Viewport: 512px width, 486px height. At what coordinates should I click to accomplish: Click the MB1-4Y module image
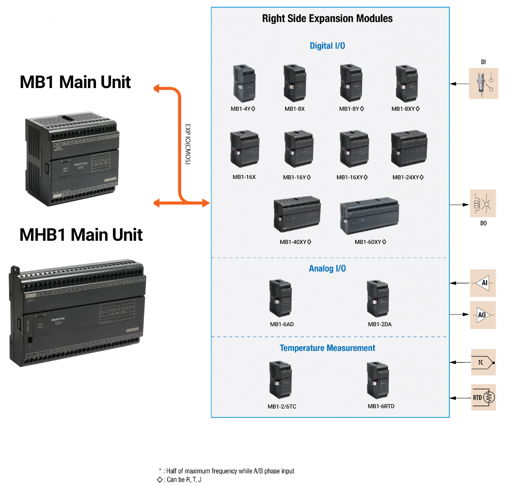pos(244,83)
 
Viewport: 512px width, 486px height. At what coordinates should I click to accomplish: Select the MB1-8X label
pos(294,109)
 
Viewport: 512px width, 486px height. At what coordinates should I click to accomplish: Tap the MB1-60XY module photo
pos(369,216)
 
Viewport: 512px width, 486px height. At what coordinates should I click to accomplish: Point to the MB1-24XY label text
pos(408,177)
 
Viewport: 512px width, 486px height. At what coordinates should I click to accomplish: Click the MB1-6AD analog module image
pos(280,298)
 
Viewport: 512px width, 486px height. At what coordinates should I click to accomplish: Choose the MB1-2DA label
pos(380,324)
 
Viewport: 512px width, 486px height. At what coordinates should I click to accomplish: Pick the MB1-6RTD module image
pos(378,380)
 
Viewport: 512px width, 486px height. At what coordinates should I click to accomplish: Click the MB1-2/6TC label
pos(282,407)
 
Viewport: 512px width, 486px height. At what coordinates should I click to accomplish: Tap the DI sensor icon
pos(483,83)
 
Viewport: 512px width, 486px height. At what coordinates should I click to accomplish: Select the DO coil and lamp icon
pos(483,203)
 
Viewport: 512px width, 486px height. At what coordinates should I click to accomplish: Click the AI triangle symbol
pos(483,283)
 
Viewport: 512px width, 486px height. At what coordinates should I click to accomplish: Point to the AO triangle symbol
pos(483,315)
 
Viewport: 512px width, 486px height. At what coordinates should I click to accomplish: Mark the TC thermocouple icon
pos(483,362)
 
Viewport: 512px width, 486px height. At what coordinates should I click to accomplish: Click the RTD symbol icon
pos(483,398)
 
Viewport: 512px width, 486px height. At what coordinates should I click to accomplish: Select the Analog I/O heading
pos(327,269)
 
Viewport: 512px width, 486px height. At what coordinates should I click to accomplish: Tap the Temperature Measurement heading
pos(327,348)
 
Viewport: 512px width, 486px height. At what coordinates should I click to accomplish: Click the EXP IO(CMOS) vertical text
pos(188,144)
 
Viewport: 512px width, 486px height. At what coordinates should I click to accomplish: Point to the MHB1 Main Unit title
pos(81,235)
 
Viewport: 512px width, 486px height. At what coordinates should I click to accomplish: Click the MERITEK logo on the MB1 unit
pos(81,164)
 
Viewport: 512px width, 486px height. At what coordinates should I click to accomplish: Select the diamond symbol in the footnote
pos(160,480)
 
